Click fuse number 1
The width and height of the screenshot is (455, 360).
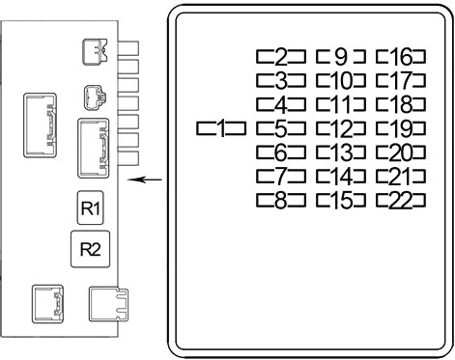(x=221, y=128)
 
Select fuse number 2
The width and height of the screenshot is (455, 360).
(x=281, y=57)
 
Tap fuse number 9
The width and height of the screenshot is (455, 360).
(x=341, y=57)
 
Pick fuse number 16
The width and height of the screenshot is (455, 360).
(x=401, y=57)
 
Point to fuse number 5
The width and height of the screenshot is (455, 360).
(x=281, y=128)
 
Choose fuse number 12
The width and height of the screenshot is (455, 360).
(x=341, y=128)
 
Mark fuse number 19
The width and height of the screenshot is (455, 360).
(x=401, y=128)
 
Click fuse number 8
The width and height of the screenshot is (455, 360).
(x=281, y=201)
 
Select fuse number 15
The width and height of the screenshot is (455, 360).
(x=341, y=201)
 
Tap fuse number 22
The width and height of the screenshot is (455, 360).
(x=401, y=201)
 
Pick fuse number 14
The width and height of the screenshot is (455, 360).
(x=341, y=177)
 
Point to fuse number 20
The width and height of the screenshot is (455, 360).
(x=401, y=152)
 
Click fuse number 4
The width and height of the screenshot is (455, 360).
(x=281, y=104)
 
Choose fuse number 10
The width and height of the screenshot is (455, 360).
(x=341, y=80)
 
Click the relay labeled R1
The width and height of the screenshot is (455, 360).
(x=90, y=208)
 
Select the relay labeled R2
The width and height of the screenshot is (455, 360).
(x=90, y=249)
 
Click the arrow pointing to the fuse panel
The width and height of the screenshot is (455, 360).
(x=145, y=180)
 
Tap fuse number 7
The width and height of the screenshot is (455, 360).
(x=281, y=177)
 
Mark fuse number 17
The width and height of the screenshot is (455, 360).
(x=401, y=80)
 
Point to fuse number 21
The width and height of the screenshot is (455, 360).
(x=401, y=177)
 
